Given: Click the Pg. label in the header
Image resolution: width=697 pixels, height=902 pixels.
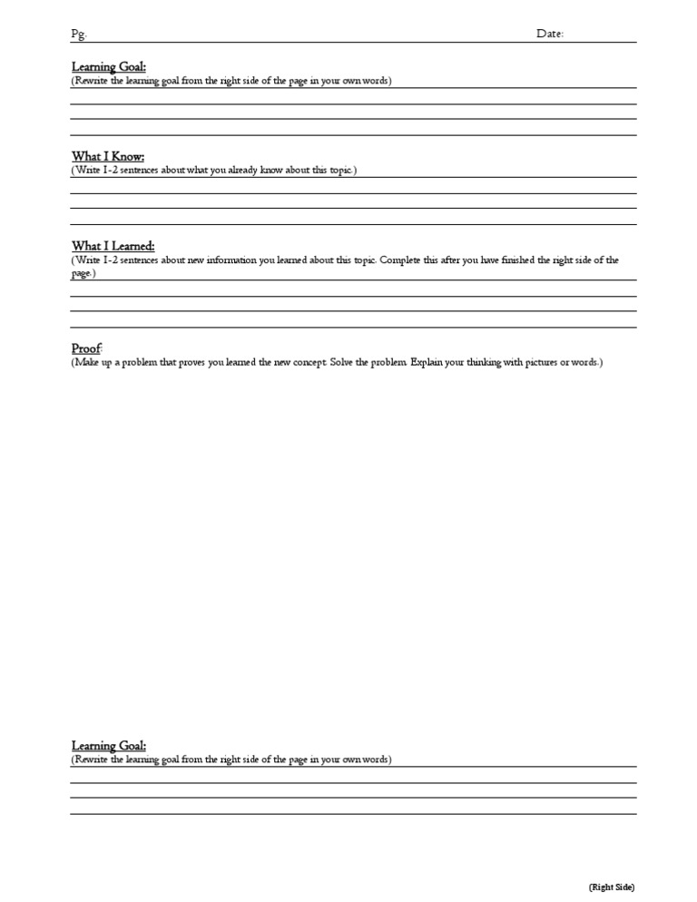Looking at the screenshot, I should [x=78, y=34].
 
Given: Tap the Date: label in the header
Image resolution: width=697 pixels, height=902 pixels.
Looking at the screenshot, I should [x=550, y=34].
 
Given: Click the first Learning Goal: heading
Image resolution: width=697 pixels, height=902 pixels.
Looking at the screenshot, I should [x=109, y=67].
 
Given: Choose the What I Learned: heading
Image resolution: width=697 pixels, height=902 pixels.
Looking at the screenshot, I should [x=113, y=246].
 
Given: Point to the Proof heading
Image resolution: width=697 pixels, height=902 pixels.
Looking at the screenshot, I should [x=87, y=348].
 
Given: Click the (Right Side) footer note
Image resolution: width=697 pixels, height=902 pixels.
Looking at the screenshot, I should [x=612, y=887].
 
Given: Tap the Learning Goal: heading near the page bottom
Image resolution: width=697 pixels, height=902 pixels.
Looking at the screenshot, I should [x=109, y=746].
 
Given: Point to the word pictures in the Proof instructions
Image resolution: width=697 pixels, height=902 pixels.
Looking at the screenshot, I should [x=523, y=363].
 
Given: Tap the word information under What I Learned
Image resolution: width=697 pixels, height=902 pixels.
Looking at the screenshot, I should [x=233, y=260].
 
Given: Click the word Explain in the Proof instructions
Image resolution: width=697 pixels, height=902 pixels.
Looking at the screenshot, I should [x=426, y=363].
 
